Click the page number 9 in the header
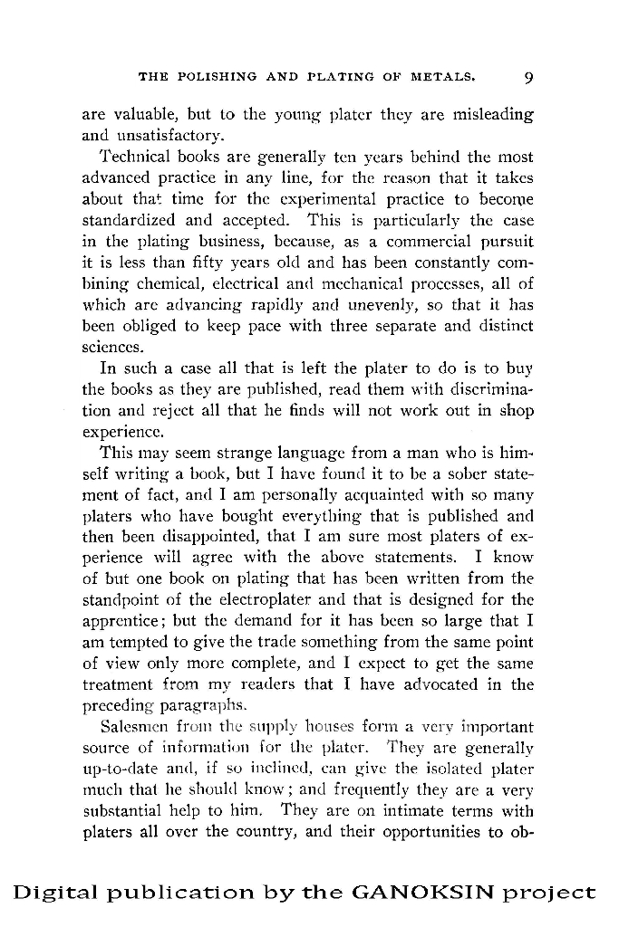528,77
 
